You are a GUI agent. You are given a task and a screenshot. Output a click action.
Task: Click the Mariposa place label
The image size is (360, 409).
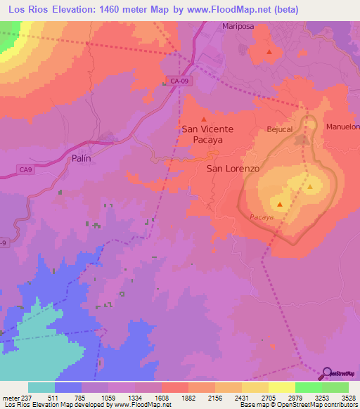tap(237, 27)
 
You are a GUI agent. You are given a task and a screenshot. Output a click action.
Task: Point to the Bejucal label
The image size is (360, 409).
tap(280, 129)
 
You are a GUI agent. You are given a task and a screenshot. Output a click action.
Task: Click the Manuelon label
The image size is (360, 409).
tap(342, 126)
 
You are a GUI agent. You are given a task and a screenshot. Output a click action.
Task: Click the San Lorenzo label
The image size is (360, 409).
tap(233, 169)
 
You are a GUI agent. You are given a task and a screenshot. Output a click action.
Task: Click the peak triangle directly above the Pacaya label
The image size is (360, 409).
tap(281, 205)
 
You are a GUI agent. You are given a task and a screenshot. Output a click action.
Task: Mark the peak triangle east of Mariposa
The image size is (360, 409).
tap(269, 52)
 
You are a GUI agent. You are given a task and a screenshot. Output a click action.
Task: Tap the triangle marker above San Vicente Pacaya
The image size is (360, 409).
tap(204, 118)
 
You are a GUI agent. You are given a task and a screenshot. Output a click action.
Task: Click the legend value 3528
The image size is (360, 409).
tap(349, 397)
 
